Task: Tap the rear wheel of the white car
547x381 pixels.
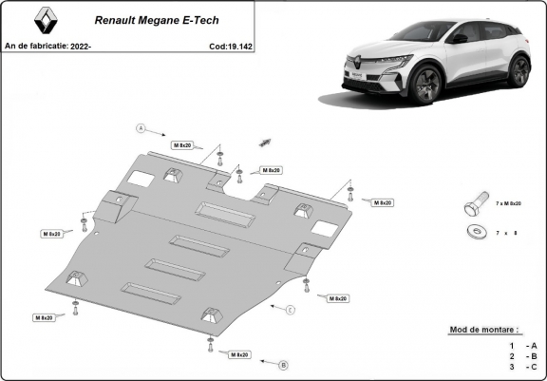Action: click(x=519, y=71)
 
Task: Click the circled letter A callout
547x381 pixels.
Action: click(x=141, y=128)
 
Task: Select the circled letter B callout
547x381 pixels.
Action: click(x=283, y=365)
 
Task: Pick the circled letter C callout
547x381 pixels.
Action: click(x=291, y=311)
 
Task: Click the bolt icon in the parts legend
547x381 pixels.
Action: click(x=475, y=207)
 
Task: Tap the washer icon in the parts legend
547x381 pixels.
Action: click(x=474, y=232)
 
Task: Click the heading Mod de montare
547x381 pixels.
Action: click(x=491, y=329)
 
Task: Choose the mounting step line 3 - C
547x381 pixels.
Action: click(x=523, y=367)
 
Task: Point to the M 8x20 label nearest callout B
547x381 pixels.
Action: click(x=239, y=354)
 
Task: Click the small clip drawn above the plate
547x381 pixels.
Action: click(x=263, y=141)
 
